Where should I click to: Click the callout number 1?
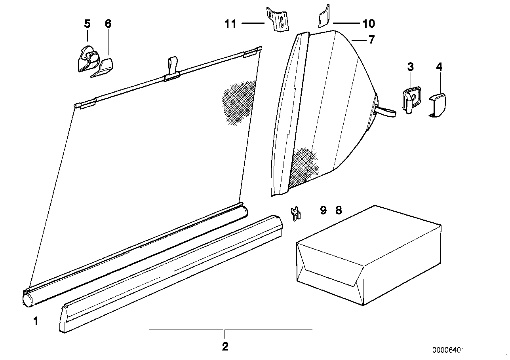(36, 321)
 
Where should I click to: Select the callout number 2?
(225, 347)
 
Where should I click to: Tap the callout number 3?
(410, 67)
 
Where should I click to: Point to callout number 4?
(439, 67)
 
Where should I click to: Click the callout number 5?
(87, 24)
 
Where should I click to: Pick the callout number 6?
(108, 24)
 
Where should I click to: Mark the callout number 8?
(339, 210)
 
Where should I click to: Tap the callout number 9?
(323, 210)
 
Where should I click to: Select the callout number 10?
(368, 24)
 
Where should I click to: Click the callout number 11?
(230, 24)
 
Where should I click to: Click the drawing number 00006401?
(448, 350)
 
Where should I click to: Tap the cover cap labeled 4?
(438, 104)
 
